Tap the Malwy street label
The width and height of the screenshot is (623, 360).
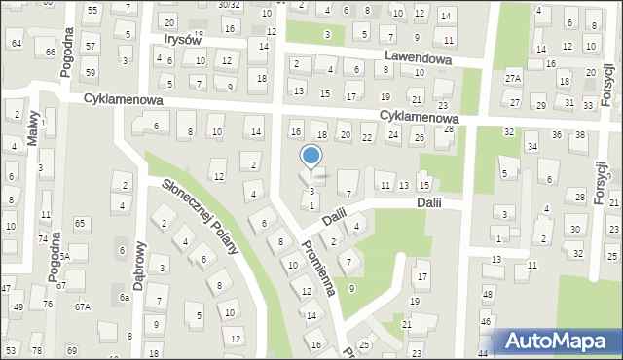(32, 127)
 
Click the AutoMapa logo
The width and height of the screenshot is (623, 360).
(559, 342)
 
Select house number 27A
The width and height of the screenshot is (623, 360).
(513, 78)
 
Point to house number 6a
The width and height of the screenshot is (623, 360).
(124, 297)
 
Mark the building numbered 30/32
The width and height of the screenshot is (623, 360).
(229, 4)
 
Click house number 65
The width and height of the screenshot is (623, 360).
(80, 224)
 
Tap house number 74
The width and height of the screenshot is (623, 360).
(42, 238)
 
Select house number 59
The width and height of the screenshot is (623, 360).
(90, 72)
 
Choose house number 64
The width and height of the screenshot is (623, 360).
(16, 44)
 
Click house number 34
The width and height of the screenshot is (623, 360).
(531, 147)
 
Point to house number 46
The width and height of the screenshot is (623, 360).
(485, 321)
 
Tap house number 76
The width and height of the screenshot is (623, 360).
(48, 305)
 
